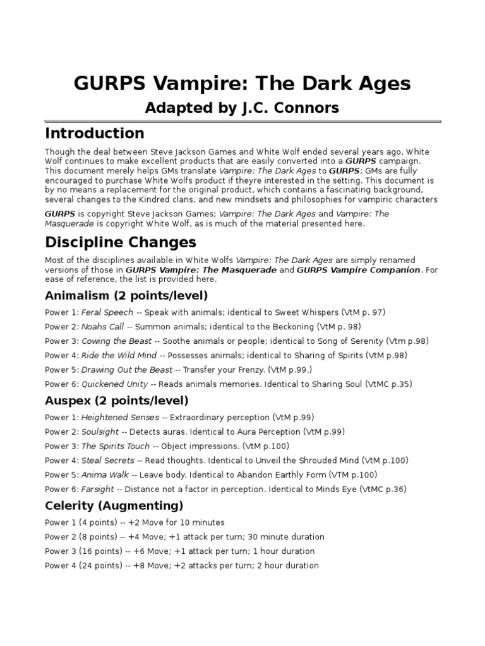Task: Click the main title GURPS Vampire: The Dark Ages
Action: (x=242, y=83)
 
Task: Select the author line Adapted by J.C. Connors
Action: (x=242, y=108)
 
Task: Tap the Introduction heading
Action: (x=95, y=133)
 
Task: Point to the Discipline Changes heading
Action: (x=121, y=242)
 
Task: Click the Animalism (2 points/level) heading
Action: (x=126, y=295)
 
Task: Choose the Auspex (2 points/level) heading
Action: (x=117, y=401)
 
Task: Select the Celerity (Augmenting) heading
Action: (x=114, y=505)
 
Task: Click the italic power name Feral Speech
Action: (x=107, y=312)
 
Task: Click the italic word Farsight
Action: (x=98, y=489)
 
